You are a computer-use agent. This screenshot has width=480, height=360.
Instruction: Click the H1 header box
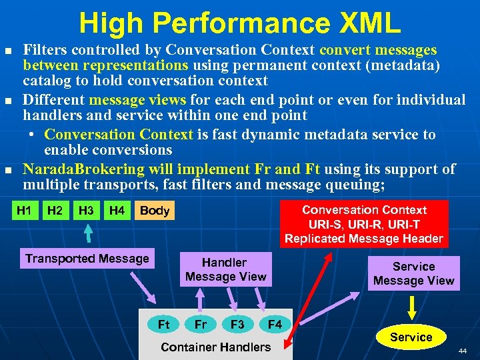pos(24,211)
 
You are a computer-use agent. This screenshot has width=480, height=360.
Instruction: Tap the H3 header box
pos(86,211)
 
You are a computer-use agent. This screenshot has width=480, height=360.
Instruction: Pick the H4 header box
pos(117,211)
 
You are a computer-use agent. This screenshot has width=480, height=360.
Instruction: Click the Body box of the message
pos(155,211)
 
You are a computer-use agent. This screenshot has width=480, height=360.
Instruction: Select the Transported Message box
pos(87,259)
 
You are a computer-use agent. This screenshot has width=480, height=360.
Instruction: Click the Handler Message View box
pos(225,269)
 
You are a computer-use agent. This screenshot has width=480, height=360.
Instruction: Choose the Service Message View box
pos(413,273)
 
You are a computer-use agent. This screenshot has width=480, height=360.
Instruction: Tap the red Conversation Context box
pos(363,224)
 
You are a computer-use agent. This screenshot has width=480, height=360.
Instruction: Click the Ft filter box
pos(164,325)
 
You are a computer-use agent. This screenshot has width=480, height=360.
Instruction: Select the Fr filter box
pos(200,325)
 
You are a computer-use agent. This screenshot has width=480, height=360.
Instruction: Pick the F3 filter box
pos(237,325)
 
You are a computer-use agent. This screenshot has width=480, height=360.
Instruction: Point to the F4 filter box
pos(275,325)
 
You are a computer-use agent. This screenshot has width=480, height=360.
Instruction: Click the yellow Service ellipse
pos(411,337)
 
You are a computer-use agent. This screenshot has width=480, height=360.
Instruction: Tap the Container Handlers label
pos(216,347)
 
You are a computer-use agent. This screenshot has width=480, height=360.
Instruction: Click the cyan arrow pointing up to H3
pos(87,234)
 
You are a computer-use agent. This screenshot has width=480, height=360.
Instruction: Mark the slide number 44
pos(463,350)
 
